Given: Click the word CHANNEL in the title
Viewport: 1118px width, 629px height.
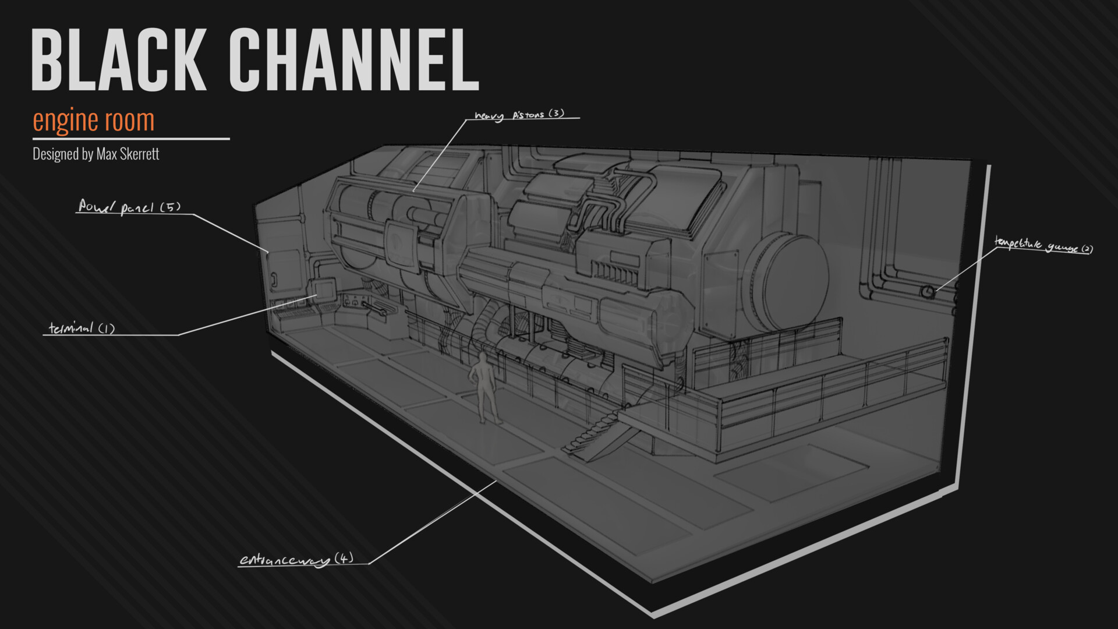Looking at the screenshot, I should coord(353,60).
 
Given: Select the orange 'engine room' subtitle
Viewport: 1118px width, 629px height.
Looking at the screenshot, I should coord(94,121).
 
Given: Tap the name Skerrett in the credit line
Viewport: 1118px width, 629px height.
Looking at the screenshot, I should coord(139,154).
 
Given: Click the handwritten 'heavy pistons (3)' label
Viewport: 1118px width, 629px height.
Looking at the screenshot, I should coord(519,115).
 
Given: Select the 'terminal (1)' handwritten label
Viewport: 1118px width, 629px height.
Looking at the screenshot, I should coord(82,328).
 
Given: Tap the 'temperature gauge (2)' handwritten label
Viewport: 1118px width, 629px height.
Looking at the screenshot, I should coord(1043,245).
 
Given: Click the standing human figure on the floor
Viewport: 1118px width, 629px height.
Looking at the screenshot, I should coord(483,387).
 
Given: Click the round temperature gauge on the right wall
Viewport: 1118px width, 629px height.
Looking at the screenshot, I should coord(927,291).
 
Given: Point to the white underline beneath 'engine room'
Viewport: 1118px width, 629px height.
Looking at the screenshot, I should coord(131,139).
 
